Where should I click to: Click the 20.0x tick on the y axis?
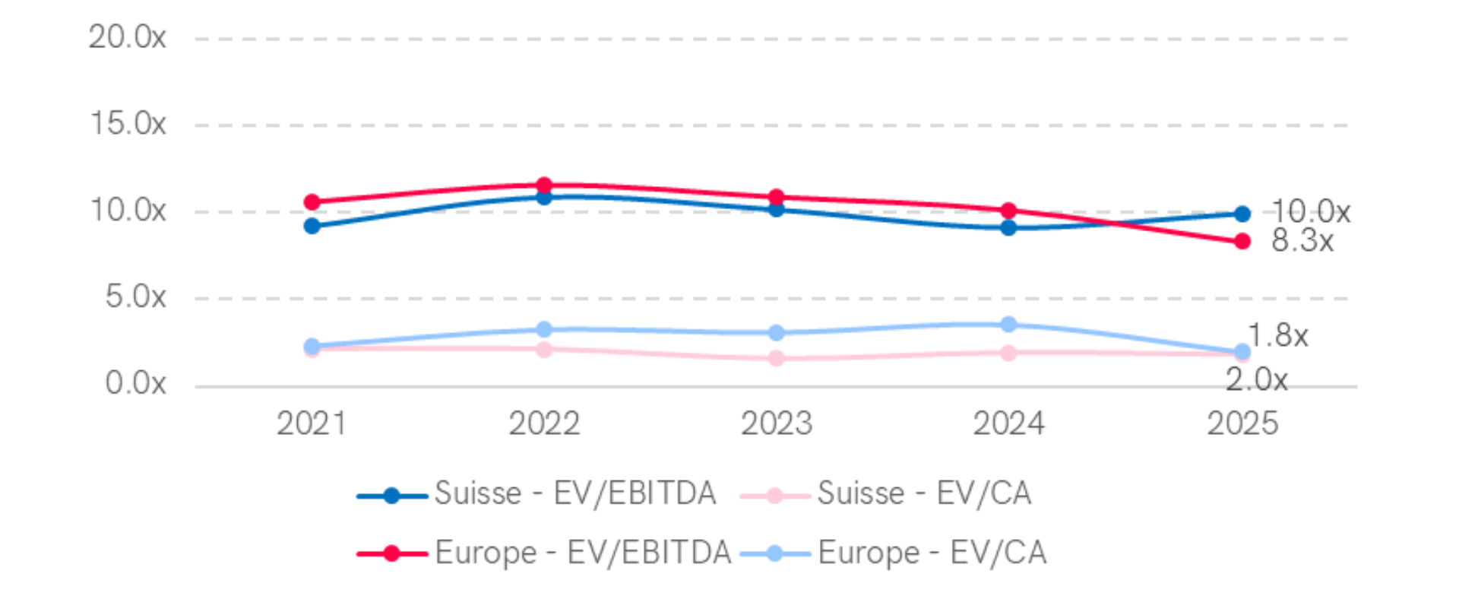[x=127, y=37]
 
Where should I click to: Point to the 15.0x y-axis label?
[x=128, y=123]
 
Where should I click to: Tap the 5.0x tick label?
[x=135, y=296]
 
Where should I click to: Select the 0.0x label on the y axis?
[x=135, y=383]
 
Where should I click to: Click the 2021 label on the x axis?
[x=312, y=423]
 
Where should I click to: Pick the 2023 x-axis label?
[x=777, y=423]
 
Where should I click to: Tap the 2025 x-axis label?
[x=1242, y=423]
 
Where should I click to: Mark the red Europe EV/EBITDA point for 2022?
[x=544, y=185]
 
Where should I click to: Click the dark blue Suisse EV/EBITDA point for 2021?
[x=312, y=226]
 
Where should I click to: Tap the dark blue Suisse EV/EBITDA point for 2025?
[x=1242, y=214]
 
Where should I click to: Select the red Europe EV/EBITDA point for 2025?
[x=1242, y=241]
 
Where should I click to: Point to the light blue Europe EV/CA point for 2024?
[x=1008, y=325]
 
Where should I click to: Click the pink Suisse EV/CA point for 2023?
[x=777, y=357]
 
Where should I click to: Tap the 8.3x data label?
[x=1302, y=241]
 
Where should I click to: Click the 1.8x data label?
[x=1279, y=335]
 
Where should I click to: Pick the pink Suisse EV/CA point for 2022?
[x=544, y=350]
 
